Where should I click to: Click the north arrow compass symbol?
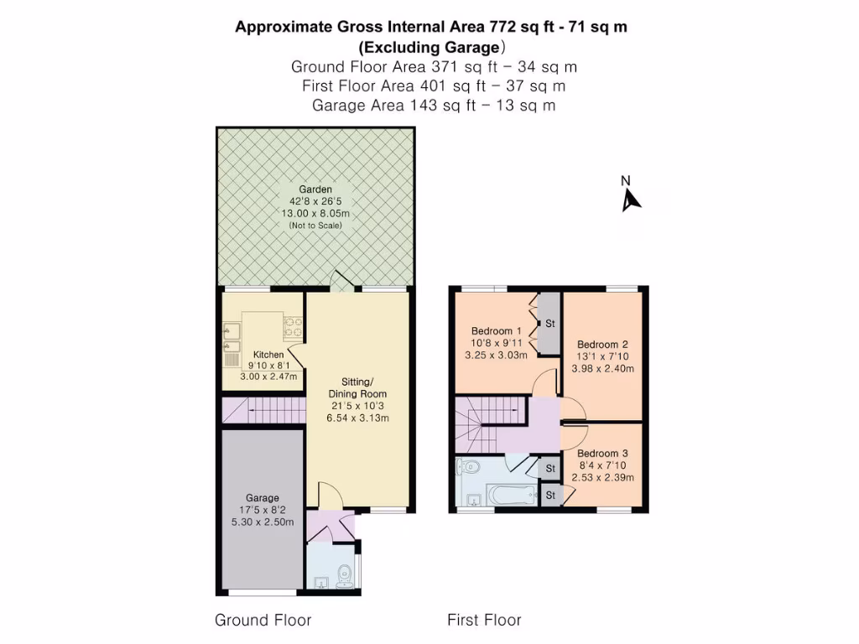click(630, 197)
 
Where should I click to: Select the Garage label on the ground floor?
click(263, 498)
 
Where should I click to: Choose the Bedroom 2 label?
click(602, 345)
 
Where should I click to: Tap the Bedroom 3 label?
click(602, 454)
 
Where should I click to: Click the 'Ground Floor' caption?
click(263, 621)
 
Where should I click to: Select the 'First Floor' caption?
click(484, 621)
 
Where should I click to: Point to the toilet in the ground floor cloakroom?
click(343, 576)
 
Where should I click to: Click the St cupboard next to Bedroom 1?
click(549, 324)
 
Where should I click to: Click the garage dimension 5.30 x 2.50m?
click(263, 522)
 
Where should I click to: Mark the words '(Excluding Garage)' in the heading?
click(431, 47)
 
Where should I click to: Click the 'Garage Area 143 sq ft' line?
click(433, 106)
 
